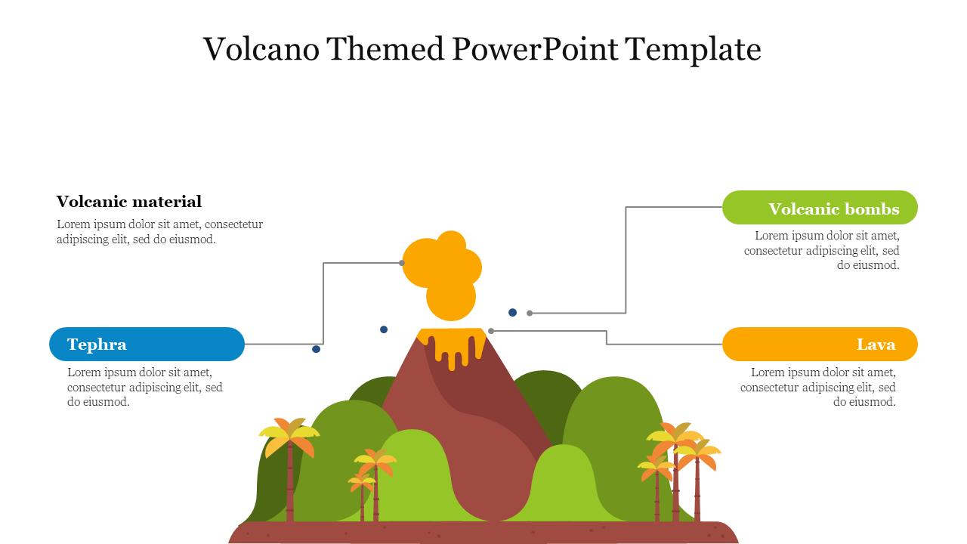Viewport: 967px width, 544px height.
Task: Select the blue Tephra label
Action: [147, 345]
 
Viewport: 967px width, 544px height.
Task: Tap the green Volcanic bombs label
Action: [820, 208]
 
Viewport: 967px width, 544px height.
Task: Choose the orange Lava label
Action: [820, 345]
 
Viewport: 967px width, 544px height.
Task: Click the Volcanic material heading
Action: [129, 202]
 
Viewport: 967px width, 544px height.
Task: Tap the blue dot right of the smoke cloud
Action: [512, 312]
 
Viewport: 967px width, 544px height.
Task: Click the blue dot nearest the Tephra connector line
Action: [316, 349]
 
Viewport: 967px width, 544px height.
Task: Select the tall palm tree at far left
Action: [289, 461]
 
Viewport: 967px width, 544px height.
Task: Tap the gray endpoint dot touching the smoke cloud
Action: [402, 263]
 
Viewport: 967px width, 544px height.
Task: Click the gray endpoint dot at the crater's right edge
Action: [491, 331]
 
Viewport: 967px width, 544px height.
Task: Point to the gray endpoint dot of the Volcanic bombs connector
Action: [530, 313]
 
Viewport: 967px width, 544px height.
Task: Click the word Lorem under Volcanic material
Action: [73, 224]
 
